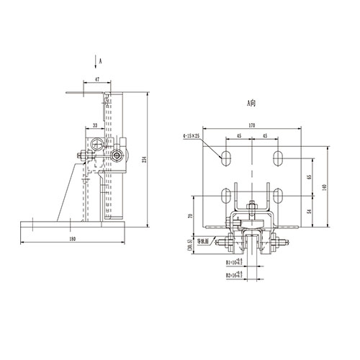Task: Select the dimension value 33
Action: click(x=95, y=125)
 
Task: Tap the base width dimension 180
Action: click(x=72, y=238)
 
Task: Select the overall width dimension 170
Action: click(x=251, y=126)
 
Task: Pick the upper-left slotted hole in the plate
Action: click(x=226, y=156)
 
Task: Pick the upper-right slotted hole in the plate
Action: click(x=278, y=156)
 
